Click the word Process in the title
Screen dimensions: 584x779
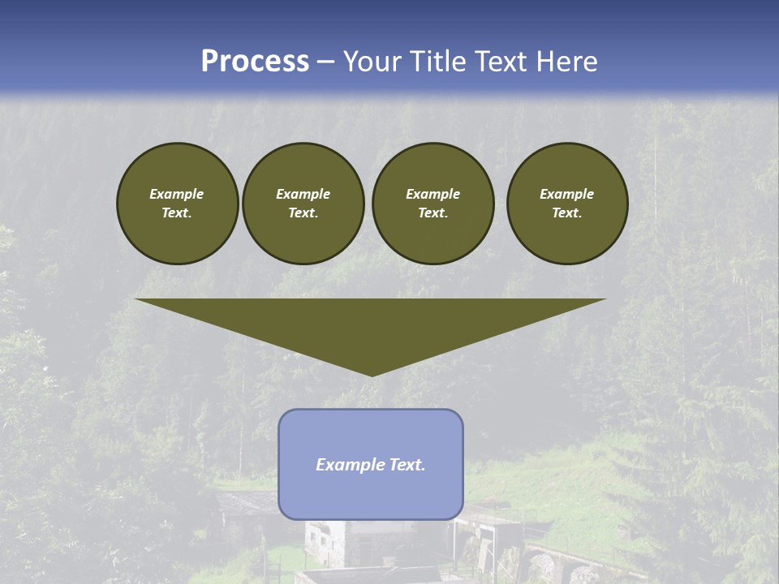(x=255, y=62)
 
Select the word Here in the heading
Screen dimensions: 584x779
(x=567, y=62)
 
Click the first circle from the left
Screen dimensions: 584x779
(x=178, y=204)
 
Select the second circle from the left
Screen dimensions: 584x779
(x=303, y=204)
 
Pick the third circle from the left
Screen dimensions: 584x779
(x=433, y=204)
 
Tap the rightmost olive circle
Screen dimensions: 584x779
(x=567, y=204)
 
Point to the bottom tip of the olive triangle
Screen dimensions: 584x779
(x=372, y=374)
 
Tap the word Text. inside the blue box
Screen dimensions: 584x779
(x=407, y=465)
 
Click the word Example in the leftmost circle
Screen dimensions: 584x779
(x=177, y=194)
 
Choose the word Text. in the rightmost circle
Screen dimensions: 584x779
(x=567, y=213)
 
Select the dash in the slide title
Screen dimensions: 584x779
(x=325, y=62)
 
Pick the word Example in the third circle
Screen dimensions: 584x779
(x=433, y=194)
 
